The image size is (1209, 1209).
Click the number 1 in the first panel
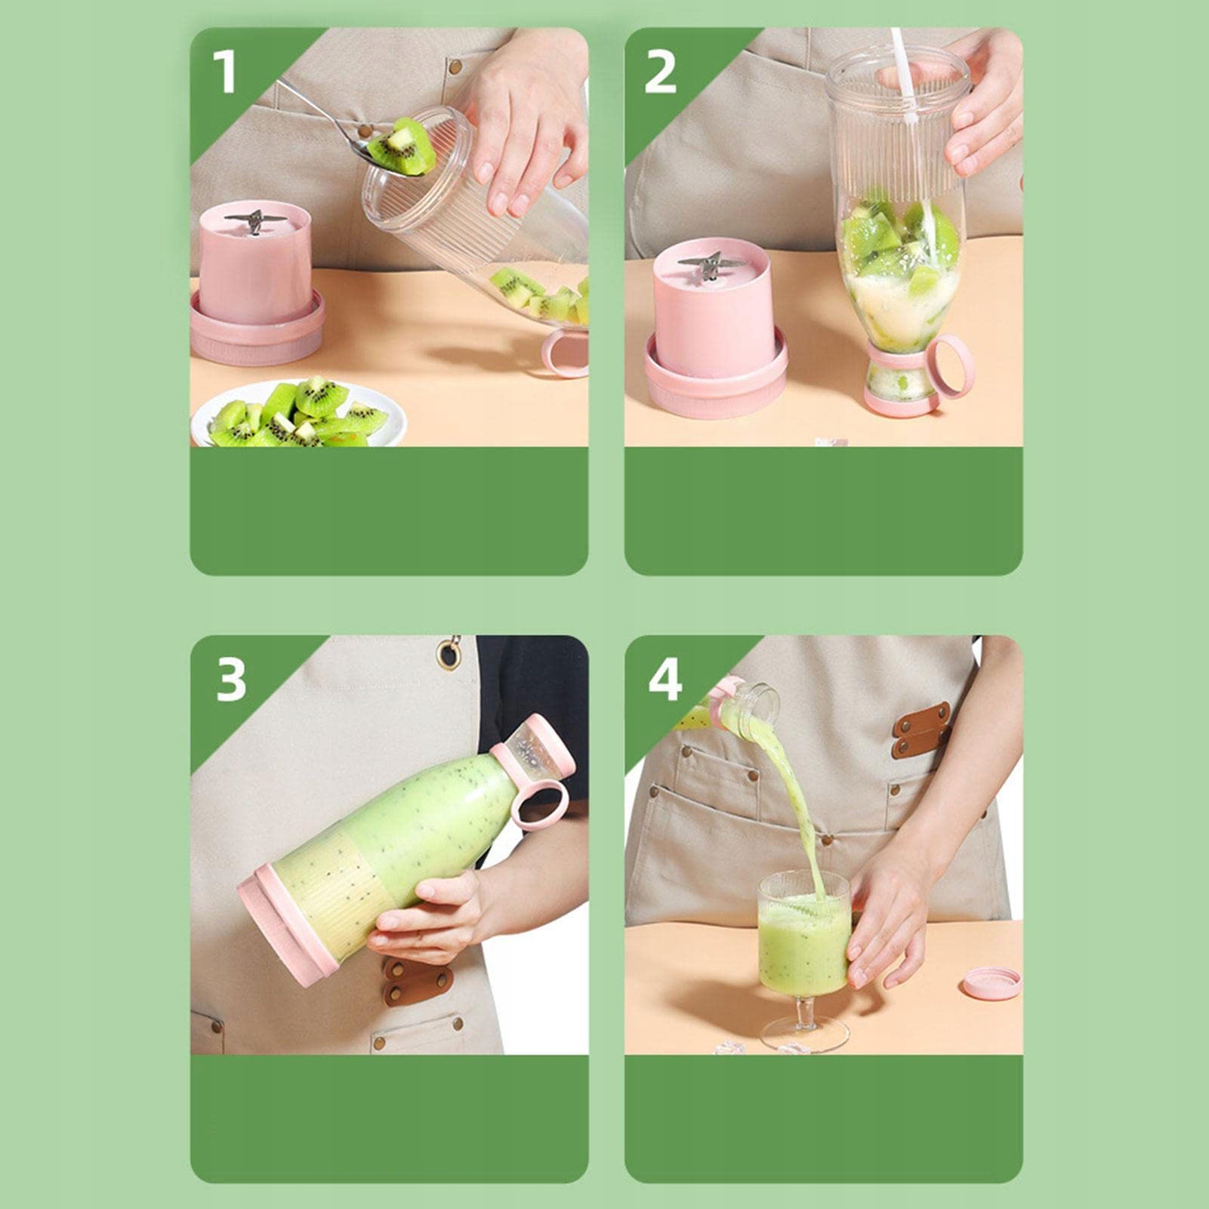coord(224,72)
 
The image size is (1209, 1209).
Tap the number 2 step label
coord(661,72)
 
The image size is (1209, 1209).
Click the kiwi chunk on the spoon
coord(402,146)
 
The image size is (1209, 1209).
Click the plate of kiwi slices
coord(298,414)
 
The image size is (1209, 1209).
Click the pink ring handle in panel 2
coord(950,367)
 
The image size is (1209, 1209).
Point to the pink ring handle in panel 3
coord(538,806)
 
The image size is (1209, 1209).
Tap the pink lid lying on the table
coord(990,983)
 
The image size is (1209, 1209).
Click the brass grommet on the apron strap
coord(451,654)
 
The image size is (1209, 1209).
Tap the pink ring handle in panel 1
coord(565,353)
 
